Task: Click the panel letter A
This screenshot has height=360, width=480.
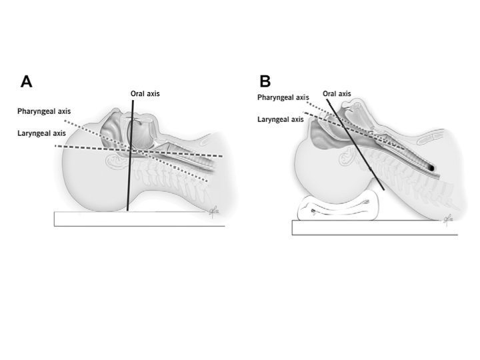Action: (x=27, y=81)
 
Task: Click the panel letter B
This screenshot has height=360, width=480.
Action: (x=265, y=81)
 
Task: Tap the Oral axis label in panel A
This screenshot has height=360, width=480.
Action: (x=145, y=93)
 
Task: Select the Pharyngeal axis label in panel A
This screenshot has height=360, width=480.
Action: (x=44, y=111)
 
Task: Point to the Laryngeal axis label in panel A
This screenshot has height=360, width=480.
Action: (x=41, y=133)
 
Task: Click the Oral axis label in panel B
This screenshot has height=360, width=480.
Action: (x=337, y=94)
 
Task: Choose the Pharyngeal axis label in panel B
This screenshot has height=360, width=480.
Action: (x=283, y=98)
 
